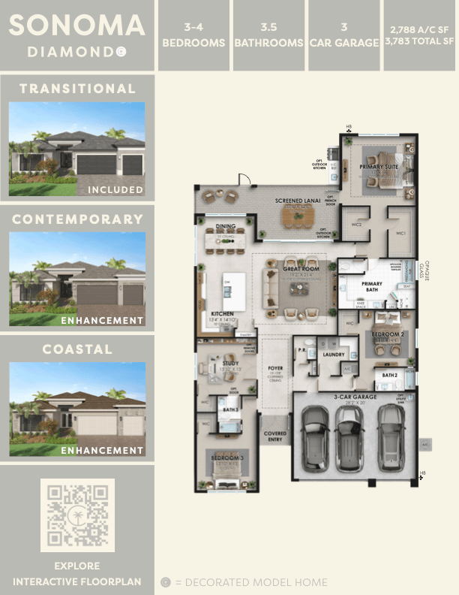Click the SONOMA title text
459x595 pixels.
[x=77, y=26]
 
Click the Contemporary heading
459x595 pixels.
[x=77, y=219]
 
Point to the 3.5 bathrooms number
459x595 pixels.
[x=268, y=28]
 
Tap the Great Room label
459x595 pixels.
[x=301, y=268]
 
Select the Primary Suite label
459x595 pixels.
[x=377, y=167]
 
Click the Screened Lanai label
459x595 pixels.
[x=297, y=201]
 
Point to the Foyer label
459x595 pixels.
[x=275, y=369]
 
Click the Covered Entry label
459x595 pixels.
[x=275, y=436]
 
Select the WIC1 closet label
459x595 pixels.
[x=400, y=234]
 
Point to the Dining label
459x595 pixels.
[x=226, y=226]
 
